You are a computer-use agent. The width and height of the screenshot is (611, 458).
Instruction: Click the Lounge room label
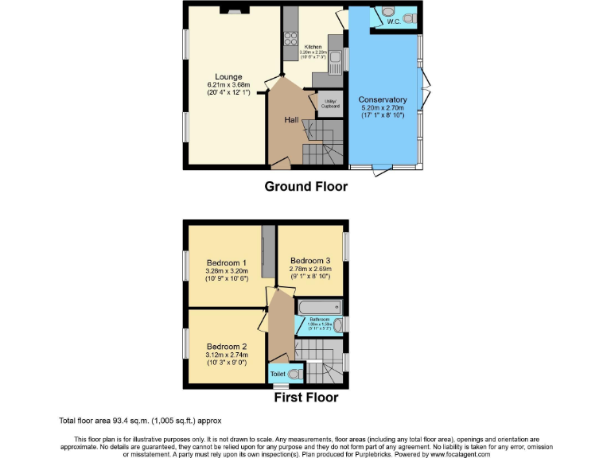(228, 77)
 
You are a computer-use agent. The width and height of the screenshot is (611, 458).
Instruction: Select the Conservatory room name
(383, 99)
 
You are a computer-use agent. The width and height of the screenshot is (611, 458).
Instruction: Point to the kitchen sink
(336, 57)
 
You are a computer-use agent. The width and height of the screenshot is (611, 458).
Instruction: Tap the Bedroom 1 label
(226, 262)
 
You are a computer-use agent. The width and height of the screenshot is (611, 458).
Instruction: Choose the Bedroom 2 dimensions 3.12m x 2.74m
(226, 355)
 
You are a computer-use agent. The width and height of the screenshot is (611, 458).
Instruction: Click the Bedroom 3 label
(309, 261)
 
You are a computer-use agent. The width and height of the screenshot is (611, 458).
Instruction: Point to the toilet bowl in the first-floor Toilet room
(295, 372)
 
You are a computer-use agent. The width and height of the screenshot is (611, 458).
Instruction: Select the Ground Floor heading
(305, 187)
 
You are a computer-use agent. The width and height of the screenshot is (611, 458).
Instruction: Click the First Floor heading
(305, 398)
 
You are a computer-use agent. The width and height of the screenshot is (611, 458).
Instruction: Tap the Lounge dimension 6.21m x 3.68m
(228, 85)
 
